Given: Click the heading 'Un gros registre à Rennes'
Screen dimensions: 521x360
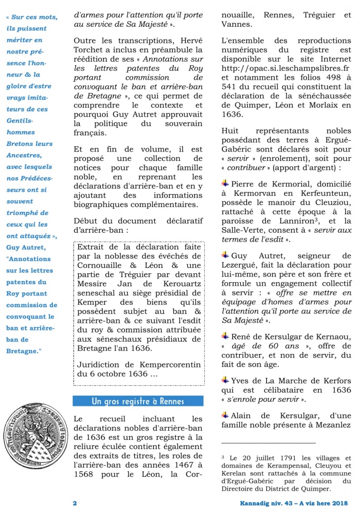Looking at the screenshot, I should pyautogui.click(x=138, y=401).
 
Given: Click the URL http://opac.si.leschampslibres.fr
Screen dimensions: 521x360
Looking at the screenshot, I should pyautogui.click(x=285, y=68).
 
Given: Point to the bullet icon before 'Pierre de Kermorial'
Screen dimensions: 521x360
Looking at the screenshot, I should pyautogui.click(x=225, y=183).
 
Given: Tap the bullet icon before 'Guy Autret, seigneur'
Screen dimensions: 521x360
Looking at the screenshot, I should pyautogui.click(x=225, y=255).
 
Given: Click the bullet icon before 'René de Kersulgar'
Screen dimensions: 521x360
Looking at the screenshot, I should pyautogui.click(x=225, y=336).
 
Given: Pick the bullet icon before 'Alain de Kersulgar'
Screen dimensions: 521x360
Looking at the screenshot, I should pyautogui.click(x=225, y=415).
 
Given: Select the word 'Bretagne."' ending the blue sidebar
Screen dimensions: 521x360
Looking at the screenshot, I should pyautogui.click(x=24, y=351).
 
